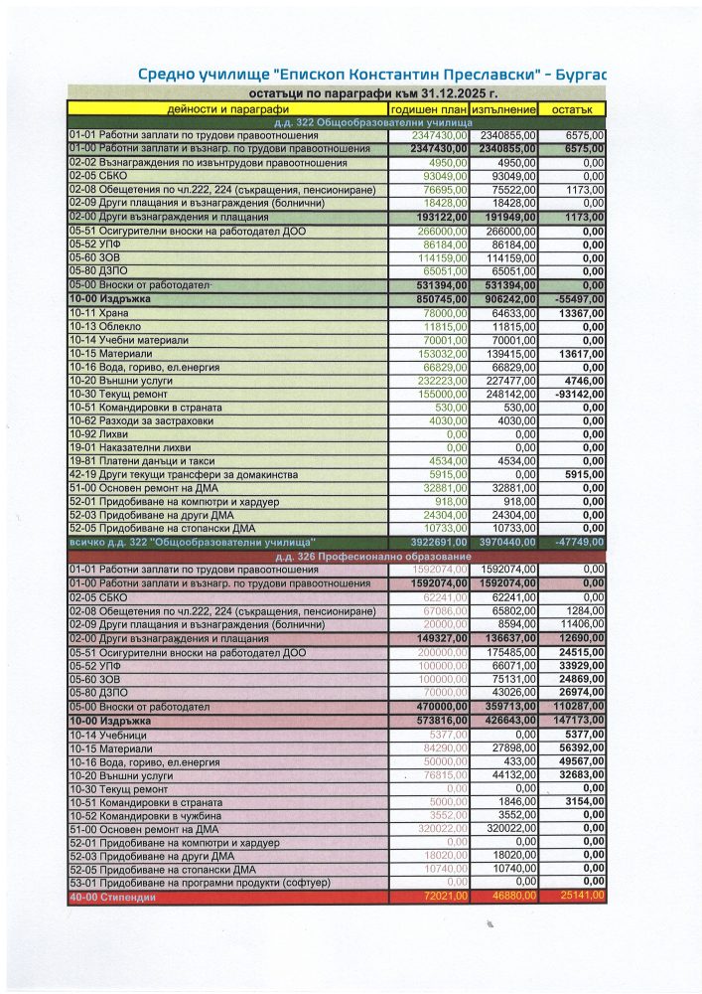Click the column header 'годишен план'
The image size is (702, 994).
[x=428, y=107]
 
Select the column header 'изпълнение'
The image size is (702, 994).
[x=505, y=107]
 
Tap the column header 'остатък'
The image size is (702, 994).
[x=574, y=107]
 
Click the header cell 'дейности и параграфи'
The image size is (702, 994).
[x=228, y=107]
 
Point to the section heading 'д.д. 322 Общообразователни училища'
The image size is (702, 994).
[x=337, y=121]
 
